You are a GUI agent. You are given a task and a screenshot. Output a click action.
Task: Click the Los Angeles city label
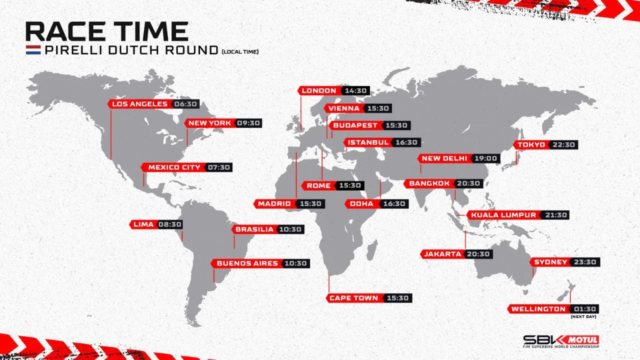point(139,104)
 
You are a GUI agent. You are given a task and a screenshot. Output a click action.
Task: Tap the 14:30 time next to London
point(356,90)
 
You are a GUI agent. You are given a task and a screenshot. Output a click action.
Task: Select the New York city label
point(209,123)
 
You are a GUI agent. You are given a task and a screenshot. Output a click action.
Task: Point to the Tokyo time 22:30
point(564,144)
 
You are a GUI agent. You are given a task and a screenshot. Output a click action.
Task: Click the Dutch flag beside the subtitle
point(33,50)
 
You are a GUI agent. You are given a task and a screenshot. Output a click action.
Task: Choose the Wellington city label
point(538,309)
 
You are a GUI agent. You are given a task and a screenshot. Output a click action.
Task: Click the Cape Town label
point(353,298)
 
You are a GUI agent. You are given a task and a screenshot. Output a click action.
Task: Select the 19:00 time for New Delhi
point(485,158)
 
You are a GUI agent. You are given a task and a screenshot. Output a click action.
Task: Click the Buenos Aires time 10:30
point(296,263)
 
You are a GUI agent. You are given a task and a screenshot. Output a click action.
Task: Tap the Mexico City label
point(174,167)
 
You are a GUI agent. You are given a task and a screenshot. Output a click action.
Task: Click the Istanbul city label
point(368,142)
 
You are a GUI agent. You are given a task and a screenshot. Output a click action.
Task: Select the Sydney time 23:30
point(584,262)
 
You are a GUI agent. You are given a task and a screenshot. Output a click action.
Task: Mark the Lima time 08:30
point(170,224)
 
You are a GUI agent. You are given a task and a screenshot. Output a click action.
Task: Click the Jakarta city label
point(442,254)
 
